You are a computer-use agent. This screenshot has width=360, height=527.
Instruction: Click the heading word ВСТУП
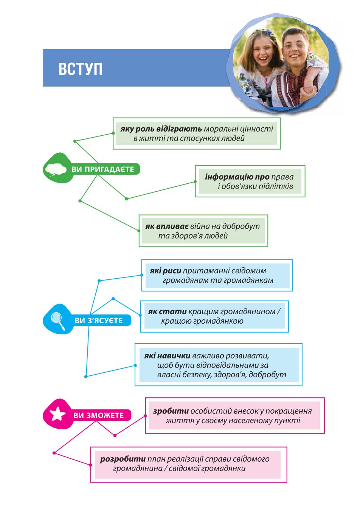pos(81,69)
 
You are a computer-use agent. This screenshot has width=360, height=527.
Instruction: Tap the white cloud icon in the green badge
pos(56,169)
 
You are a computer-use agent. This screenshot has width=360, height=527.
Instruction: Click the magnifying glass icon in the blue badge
pos(57,321)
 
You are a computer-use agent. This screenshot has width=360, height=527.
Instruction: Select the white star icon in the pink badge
pos(57,414)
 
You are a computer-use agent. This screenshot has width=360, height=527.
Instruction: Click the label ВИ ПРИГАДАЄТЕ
pos(103,169)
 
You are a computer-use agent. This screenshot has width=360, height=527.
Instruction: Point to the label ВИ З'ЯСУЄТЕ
pos(99,321)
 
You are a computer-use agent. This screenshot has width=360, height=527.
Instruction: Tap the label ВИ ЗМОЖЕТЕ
pos(99,415)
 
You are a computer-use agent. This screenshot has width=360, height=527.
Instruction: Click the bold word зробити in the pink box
pos(171,411)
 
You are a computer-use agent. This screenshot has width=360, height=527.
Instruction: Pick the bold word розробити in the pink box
pos(123,459)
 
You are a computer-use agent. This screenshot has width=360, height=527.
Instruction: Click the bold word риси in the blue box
pos(172,271)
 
